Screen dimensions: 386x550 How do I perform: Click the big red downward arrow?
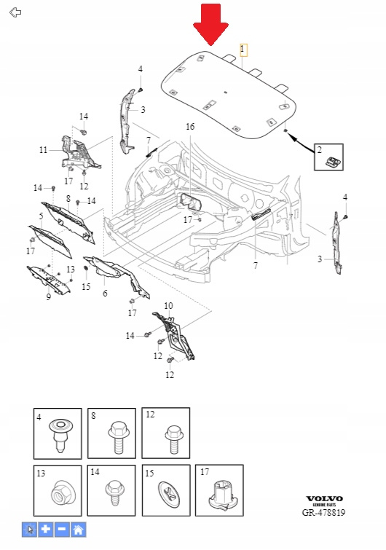[x=210, y=25]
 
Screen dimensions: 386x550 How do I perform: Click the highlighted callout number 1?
[x=243, y=50]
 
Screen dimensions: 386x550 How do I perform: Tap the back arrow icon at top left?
[x=15, y=12]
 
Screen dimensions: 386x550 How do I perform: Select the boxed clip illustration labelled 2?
[x=328, y=157]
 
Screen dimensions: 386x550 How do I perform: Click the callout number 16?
[x=190, y=126]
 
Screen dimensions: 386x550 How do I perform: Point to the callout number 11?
[x=44, y=150]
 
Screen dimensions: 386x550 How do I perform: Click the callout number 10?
[x=169, y=306]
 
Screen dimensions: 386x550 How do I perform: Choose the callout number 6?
[x=105, y=294]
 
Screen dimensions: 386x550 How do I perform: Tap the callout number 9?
[x=48, y=297]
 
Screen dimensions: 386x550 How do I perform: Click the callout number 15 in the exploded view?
[x=86, y=286]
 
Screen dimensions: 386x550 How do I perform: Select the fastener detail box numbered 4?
[x=58, y=433]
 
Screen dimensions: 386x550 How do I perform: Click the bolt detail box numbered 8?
[x=111, y=433]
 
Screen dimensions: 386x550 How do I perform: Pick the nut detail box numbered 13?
[x=58, y=491]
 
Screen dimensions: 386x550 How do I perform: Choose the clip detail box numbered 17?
[x=219, y=490]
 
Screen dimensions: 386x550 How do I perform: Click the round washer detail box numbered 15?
[x=166, y=490]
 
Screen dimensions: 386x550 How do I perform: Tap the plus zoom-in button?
[x=46, y=530]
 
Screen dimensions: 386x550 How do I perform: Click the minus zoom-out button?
[x=62, y=530]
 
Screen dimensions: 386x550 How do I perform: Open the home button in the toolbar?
[x=78, y=530]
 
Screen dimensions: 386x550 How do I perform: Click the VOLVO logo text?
[x=324, y=499]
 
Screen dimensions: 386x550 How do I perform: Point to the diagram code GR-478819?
[x=323, y=512]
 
